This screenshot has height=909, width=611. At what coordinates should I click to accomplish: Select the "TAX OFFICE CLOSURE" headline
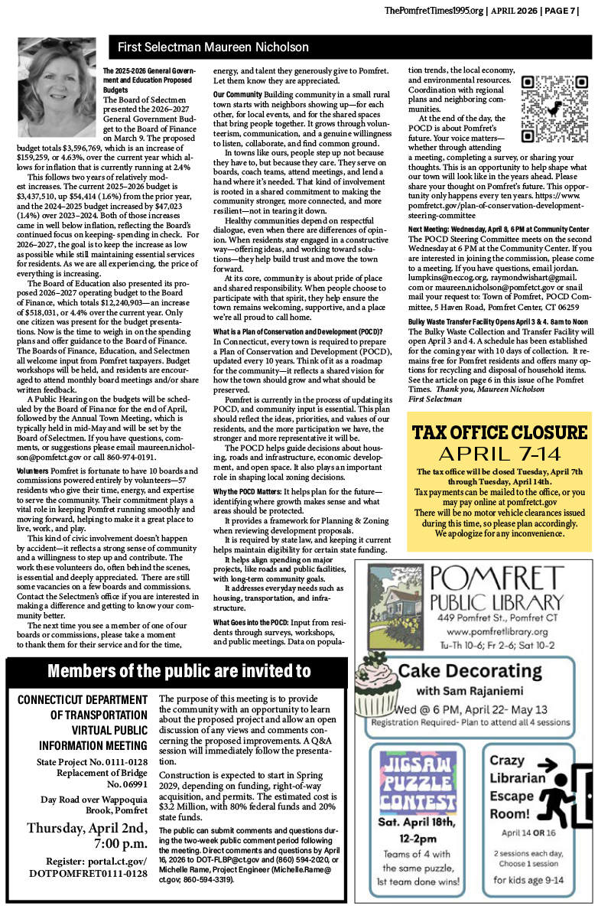499,432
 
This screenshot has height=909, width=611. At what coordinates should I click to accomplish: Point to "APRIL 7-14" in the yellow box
499,453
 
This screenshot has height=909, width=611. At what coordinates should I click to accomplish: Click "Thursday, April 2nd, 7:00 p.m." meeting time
86,837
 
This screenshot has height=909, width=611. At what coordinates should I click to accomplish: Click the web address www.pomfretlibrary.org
497,632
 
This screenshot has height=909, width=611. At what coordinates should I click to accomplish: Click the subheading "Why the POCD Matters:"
247,490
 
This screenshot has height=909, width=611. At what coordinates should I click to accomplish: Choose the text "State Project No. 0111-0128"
92,762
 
